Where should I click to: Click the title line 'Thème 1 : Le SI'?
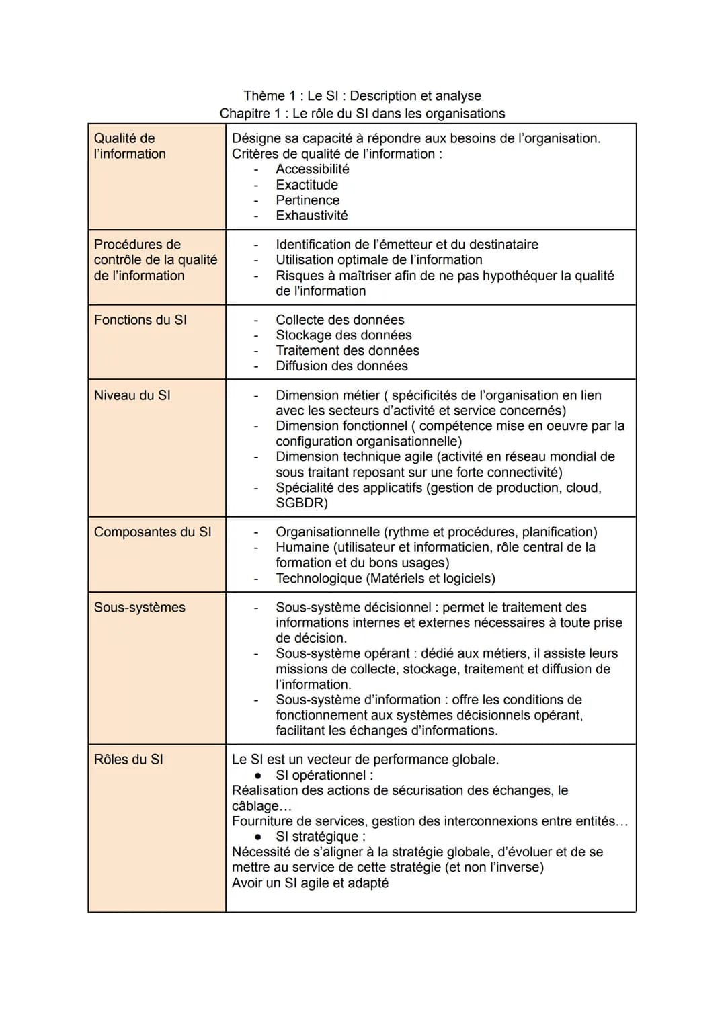[362, 96]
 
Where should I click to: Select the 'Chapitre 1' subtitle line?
[362, 114]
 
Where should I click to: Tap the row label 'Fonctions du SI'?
[140, 320]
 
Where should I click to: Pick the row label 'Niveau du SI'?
[132, 395]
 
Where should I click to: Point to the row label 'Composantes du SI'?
[153, 532]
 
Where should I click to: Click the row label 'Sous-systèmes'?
[139, 607]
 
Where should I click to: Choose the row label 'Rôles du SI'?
[128, 759]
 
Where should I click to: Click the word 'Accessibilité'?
[312, 169]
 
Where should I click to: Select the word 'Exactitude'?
[307, 185]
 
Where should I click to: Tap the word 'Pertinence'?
[307, 200]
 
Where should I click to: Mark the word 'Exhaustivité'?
[311, 216]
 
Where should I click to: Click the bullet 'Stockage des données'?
[344, 335]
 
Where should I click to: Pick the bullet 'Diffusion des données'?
[341, 366]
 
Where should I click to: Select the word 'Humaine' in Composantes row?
[302, 547]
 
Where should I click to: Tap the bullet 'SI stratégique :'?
[321, 837]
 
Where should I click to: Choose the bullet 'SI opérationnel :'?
[324, 775]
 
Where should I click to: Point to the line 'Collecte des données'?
[339, 320]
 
